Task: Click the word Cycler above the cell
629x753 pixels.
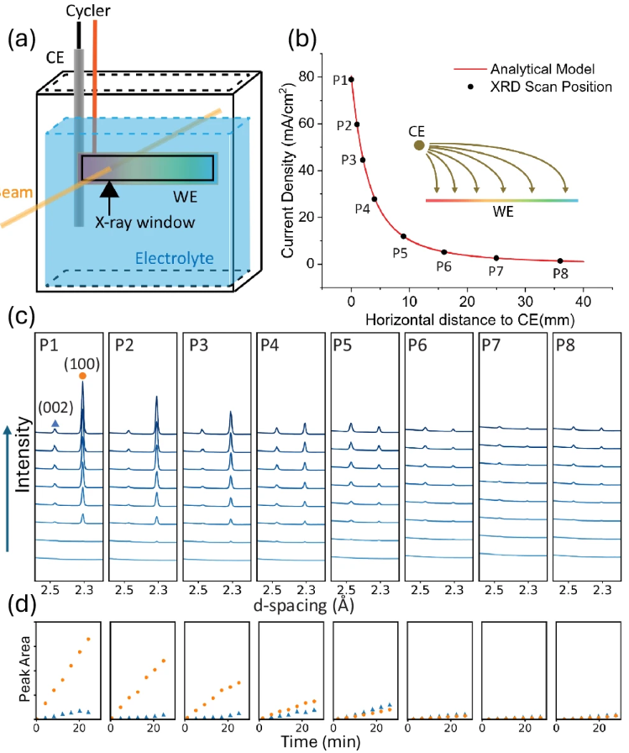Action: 86,10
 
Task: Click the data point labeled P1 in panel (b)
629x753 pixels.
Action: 351,80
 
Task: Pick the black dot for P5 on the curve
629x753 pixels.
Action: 403,236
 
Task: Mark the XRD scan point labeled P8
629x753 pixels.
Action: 560,261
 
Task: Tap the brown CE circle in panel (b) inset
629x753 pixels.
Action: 419,145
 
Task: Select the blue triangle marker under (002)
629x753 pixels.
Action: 55,428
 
